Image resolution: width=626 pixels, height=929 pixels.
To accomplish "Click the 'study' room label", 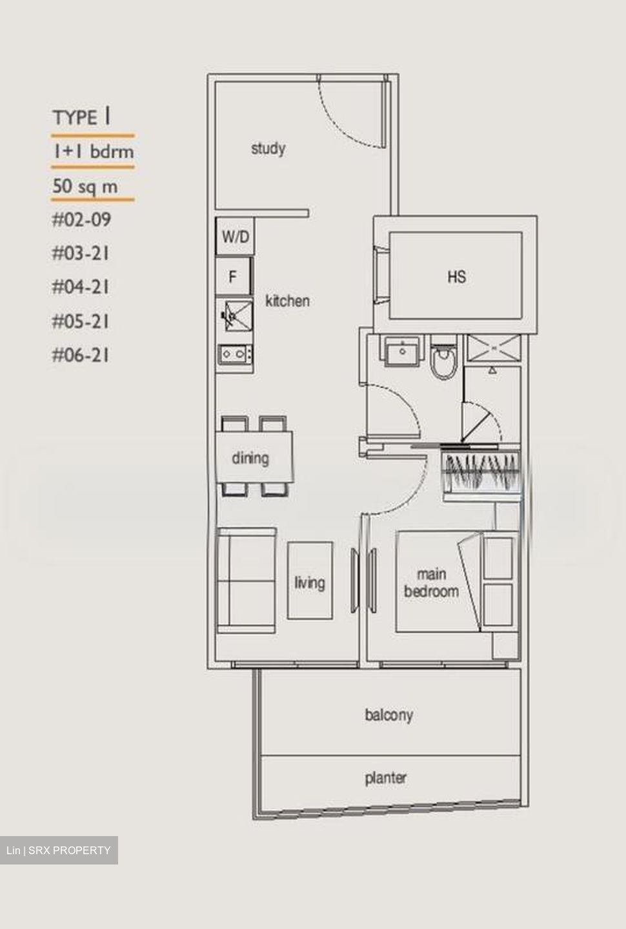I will point(268,148).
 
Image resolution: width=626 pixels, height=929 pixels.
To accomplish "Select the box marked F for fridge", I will point(234,277).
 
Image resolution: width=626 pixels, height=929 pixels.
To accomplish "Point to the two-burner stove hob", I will point(234,354).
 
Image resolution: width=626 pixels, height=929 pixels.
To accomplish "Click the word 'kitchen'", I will point(287,301).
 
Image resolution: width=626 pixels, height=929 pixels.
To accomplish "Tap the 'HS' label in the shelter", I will point(456,277).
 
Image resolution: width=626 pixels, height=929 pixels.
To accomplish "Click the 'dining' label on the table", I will point(250,458).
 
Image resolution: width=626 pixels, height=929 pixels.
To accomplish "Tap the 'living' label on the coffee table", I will point(310,583).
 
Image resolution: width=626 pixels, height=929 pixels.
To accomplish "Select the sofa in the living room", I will point(246,581).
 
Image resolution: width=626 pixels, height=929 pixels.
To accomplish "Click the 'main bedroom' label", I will point(431,583).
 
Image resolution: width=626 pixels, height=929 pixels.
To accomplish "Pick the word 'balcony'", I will point(389,715).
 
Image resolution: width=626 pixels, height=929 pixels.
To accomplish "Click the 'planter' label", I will point(386,778).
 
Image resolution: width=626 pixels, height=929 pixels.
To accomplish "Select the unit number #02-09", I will point(81,220).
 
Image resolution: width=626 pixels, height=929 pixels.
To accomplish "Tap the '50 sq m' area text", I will point(85,186).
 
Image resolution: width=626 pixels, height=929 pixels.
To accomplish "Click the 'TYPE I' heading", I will point(81,117).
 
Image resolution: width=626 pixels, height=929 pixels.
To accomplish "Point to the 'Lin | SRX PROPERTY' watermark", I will point(59,850).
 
